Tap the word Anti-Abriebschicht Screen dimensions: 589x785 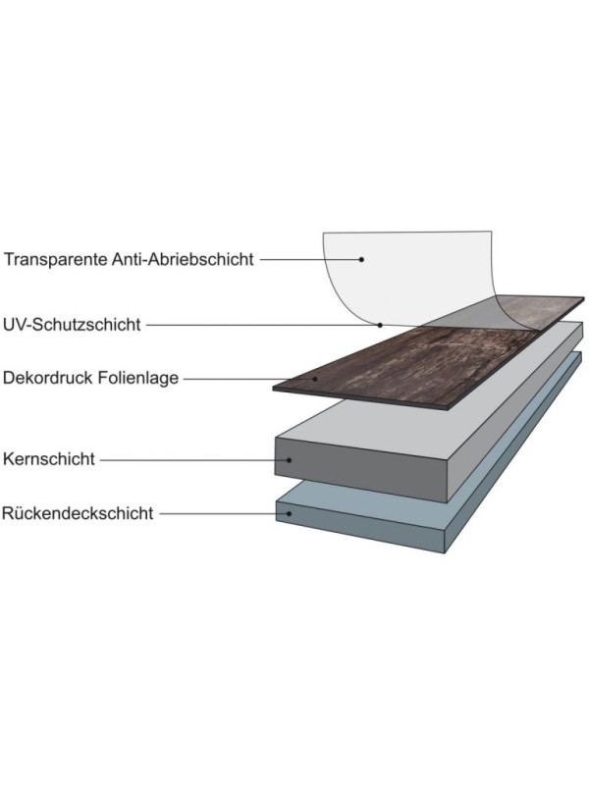click(183, 259)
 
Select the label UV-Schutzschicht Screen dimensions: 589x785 click(72, 325)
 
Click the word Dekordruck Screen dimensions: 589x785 click(47, 378)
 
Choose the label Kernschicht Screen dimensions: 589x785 click(48, 459)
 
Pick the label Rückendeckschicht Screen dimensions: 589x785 click(78, 513)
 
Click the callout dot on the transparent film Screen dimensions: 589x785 click(361, 259)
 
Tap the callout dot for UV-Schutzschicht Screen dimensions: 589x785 click(380, 325)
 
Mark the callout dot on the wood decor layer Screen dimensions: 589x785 click(315, 379)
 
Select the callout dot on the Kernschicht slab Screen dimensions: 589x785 click(289, 459)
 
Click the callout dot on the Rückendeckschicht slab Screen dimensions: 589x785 click(289, 513)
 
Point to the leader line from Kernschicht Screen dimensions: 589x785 click(193, 459)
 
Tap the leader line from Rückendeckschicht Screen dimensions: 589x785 click(223, 513)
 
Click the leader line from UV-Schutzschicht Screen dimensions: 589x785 click(262, 325)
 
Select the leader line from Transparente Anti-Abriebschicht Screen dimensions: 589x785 click(309, 259)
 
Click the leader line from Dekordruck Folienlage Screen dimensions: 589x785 click(248, 379)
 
